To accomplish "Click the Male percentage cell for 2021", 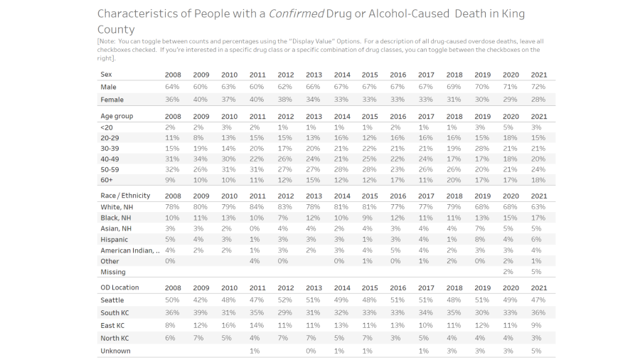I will [x=538, y=87].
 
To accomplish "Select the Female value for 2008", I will [x=173, y=99].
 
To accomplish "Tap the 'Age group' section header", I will [x=117, y=116].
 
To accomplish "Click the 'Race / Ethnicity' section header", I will [x=125, y=196].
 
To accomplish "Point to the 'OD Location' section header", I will [x=119, y=287].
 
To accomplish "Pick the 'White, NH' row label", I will [x=117, y=206].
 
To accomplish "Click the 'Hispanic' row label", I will [x=114, y=240].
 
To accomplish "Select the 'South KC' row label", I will [x=115, y=313].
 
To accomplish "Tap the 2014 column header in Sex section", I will [x=341, y=75].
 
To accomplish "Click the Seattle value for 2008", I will [x=173, y=300].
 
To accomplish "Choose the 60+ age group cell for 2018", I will [x=454, y=181].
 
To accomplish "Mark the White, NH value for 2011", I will [x=257, y=206].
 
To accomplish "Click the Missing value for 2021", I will [x=538, y=272].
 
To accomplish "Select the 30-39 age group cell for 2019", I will [x=482, y=148].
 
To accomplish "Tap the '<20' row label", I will [x=107, y=127].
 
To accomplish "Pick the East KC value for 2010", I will [x=229, y=325].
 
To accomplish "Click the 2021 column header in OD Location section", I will [x=538, y=287].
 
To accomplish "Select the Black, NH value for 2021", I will [x=538, y=218].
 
